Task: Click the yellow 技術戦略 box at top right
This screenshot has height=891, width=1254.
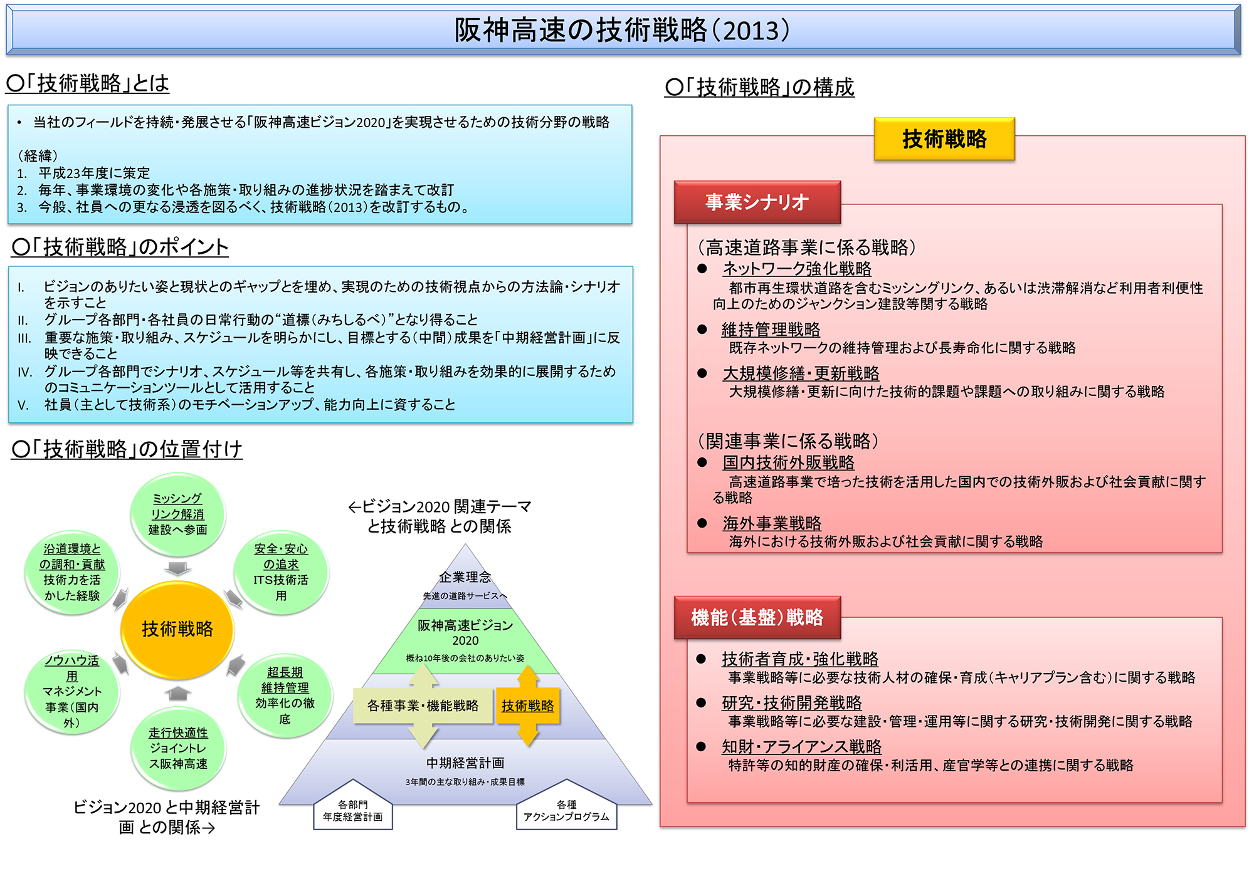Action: tap(944, 139)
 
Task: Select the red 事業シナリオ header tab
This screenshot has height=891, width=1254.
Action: tap(757, 202)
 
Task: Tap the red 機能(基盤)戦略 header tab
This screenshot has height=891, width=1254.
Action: tap(757, 618)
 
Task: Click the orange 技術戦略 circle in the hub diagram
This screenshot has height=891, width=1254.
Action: tap(177, 629)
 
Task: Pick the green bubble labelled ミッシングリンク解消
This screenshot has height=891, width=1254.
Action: tap(177, 514)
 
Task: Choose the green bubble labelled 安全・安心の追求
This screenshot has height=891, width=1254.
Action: tap(281, 573)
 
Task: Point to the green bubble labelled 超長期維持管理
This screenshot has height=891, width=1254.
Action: tap(285, 696)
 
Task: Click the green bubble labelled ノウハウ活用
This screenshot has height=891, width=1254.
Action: tap(72, 692)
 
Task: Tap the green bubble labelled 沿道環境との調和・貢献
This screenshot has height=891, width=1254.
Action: tap(72, 573)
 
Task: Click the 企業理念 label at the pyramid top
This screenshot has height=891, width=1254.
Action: tap(465, 577)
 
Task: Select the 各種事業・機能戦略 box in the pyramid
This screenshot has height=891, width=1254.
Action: tap(423, 706)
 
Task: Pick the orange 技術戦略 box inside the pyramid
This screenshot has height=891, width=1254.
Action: tap(528, 706)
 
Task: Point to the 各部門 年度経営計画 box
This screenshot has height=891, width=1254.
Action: tap(353, 808)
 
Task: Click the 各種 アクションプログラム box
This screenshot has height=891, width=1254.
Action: tap(566, 808)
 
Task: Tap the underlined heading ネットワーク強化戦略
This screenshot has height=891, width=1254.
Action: tap(797, 269)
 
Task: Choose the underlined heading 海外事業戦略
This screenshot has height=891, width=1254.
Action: tap(772, 523)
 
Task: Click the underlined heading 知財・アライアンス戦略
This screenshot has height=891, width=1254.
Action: tap(802, 747)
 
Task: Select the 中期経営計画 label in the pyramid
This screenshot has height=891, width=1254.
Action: tap(465, 763)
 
